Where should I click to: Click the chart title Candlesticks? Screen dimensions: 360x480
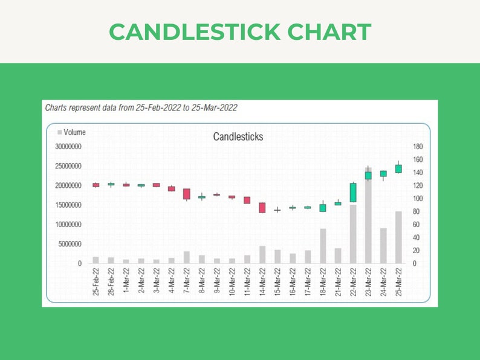point(238,137)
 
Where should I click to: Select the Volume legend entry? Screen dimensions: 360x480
point(71,132)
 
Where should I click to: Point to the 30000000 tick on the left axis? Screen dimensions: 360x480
point(68,146)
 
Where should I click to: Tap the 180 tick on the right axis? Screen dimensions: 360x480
point(418,146)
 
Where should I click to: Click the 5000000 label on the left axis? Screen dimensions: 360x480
point(70,244)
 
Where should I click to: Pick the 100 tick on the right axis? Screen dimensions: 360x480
point(418,199)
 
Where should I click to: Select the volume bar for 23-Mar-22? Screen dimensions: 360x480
point(368,217)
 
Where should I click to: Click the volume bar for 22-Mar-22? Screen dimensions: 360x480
point(353,234)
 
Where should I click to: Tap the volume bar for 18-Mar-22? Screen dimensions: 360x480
point(323,246)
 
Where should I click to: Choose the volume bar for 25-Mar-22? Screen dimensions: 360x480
point(398,237)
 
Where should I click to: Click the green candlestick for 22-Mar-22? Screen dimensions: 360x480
point(353,192)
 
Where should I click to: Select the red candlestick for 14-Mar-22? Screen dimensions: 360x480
point(262,208)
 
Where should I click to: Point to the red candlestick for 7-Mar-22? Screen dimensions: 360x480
point(186,194)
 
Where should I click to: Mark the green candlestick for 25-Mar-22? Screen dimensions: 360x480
point(398,169)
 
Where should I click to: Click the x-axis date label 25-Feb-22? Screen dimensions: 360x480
point(96,283)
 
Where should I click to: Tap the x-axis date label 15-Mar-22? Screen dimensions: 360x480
point(277,283)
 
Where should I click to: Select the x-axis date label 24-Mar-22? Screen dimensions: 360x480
point(383,283)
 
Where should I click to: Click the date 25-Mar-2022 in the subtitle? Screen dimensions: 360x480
point(214,108)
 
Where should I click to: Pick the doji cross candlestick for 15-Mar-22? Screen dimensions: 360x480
point(277,210)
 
